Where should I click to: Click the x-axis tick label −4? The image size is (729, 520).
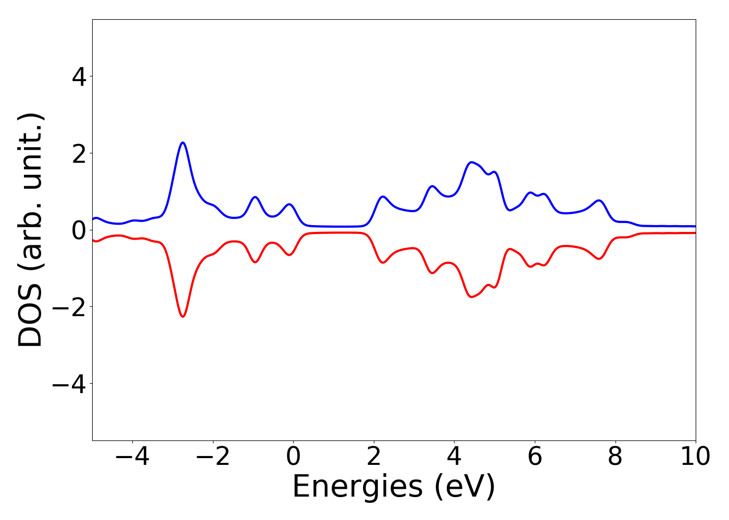click(x=132, y=457)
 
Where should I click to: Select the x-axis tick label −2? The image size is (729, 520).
click(x=213, y=457)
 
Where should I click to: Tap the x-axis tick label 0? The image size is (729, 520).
click(x=293, y=457)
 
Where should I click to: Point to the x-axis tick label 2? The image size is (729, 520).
click(x=374, y=457)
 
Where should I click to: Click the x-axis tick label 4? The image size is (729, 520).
click(x=454, y=457)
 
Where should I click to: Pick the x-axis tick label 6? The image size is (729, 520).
click(x=535, y=457)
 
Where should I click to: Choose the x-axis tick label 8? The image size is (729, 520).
click(x=615, y=457)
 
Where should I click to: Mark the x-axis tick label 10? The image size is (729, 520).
click(x=696, y=457)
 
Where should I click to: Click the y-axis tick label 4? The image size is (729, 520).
click(x=79, y=77)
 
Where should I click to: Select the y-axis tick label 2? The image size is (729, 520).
click(x=79, y=153)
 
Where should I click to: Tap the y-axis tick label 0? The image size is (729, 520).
click(x=79, y=230)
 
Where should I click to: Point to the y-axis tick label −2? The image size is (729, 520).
click(x=68, y=307)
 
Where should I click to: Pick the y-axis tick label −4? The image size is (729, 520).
click(x=68, y=384)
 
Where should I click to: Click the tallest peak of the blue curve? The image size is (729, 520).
click(x=183, y=142)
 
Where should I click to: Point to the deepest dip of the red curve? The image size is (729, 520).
click(x=183, y=317)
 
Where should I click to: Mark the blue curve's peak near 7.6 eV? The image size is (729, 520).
click(x=599, y=200)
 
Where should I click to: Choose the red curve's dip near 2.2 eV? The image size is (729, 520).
click(x=383, y=263)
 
